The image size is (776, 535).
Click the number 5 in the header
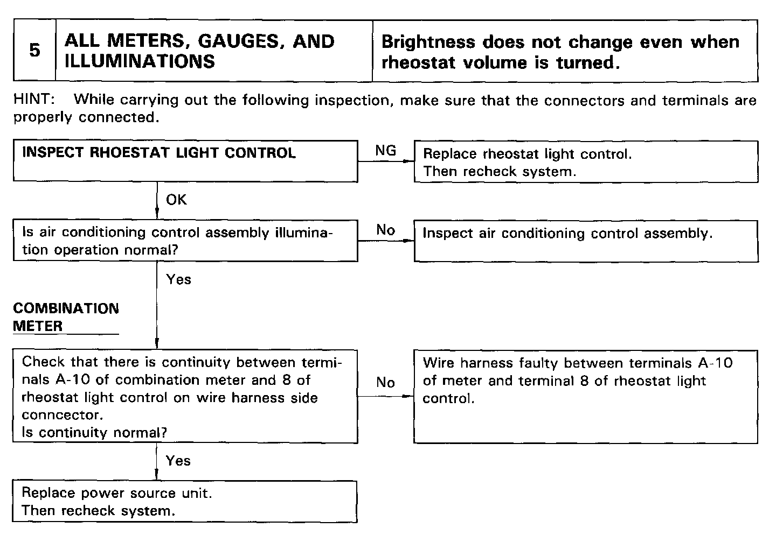(34, 51)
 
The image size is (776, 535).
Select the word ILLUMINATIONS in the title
(140, 61)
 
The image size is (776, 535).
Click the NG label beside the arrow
(385, 151)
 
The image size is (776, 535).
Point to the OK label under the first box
(176, 200)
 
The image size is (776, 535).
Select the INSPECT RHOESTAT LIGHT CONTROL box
(185, 161)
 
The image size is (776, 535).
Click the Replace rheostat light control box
(586, 162)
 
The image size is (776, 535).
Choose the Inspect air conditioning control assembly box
(586, 241)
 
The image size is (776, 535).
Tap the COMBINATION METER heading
(66, 317)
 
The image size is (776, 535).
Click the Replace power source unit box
(185, 502)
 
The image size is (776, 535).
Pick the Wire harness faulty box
(586, 396)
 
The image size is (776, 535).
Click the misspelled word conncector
(61, 415)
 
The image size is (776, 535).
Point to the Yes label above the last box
(178, 461)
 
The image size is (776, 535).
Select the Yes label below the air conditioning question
(178, 279)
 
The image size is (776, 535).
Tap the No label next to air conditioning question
(385, 230)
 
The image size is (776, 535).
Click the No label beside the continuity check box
(385, 382)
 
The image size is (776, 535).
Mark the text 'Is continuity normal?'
(94, 432)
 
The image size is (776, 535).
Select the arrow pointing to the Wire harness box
(407, 396)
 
